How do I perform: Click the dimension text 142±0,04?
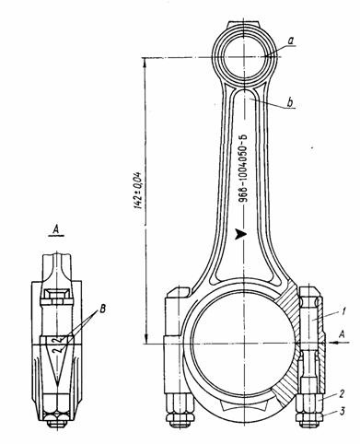138,191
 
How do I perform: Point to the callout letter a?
291,41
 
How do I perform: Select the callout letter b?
290,102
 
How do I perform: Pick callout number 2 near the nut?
342,393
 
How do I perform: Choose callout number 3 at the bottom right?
342,411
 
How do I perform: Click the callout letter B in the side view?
102,309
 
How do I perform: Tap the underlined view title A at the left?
56,229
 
